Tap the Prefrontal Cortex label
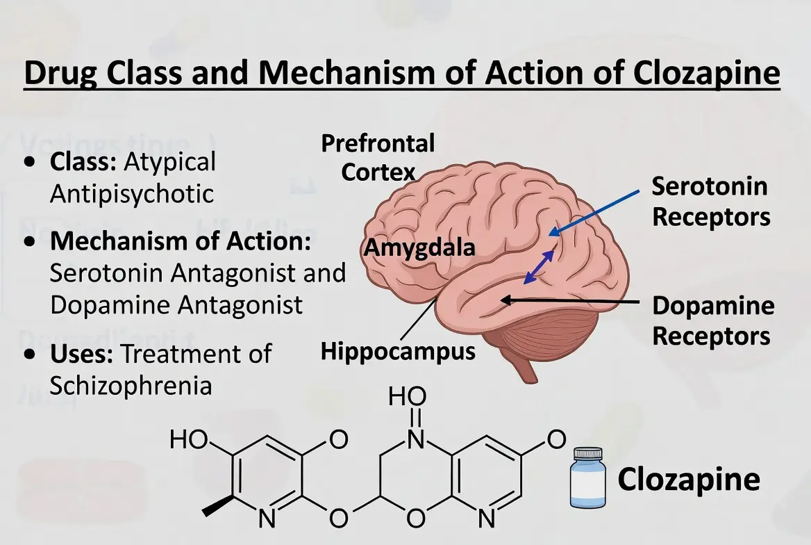click(378, 158)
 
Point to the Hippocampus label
click(398, 351)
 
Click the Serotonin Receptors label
click(710, 202)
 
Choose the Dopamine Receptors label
click(712, 321)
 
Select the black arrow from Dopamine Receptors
click(569, 301)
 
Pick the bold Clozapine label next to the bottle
click(688, 479)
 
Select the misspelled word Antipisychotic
click(131, 194)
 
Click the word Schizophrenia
click(131, 385)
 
